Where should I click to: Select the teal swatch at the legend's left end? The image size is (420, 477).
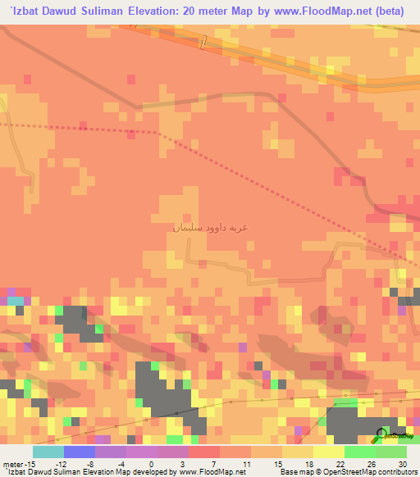48,452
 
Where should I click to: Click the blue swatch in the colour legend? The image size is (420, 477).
80,452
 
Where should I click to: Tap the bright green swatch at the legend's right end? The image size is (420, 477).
391,452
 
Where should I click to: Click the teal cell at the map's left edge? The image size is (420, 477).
15,302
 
